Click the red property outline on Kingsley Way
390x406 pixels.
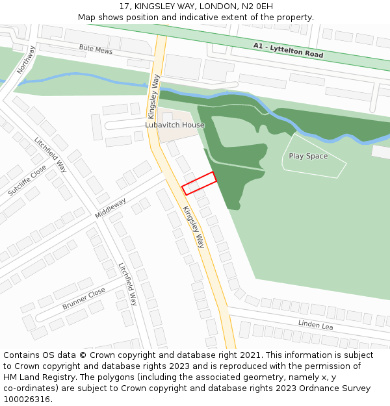point(199,183)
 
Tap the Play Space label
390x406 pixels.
point(308,157)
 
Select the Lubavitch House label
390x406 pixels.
point(175,125)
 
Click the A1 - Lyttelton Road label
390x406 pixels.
point(288,50)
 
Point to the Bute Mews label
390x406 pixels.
point(96,49)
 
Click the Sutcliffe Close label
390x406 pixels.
point(27,181)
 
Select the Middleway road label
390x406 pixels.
point(110,208)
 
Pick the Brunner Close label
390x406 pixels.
point(84,298)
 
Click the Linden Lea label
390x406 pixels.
point(315,324)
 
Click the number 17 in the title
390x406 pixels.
point(125,6)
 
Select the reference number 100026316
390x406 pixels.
point(27,400)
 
